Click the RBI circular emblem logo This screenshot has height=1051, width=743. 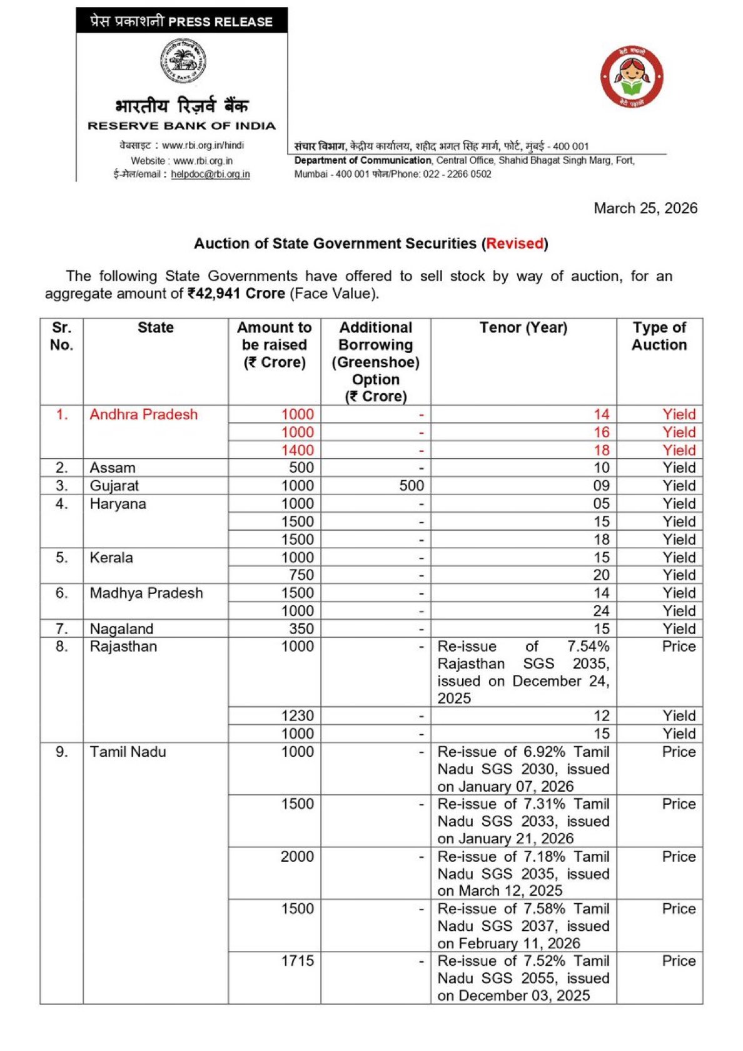coord(182,61)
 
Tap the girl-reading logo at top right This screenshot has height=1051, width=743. coord(632,78)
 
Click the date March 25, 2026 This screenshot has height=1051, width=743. coord(645,208)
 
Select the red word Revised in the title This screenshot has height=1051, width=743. coord(515,244)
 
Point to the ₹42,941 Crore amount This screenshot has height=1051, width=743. coord(236,294)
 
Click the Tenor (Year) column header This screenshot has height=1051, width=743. coord(523,328)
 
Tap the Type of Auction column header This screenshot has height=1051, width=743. coord(659,336)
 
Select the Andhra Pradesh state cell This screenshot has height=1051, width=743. coord(143,414)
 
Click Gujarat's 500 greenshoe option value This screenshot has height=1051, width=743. coord(412,486)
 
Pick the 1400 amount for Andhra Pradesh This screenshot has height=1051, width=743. coord(297,450)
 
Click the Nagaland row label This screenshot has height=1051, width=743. coord(121,629)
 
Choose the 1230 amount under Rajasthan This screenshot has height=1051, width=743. coord(297,716)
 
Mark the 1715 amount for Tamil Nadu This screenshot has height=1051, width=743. coord(297,961)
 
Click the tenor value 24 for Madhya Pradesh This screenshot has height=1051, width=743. coord(601,611)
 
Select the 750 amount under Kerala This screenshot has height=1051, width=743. coord(301,575)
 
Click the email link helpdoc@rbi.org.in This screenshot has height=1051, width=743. coord(210,174)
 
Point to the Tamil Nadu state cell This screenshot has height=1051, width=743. coord(128,752)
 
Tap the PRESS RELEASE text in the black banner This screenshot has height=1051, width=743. coord(220,22)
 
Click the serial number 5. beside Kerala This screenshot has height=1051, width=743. coord(61,558)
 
